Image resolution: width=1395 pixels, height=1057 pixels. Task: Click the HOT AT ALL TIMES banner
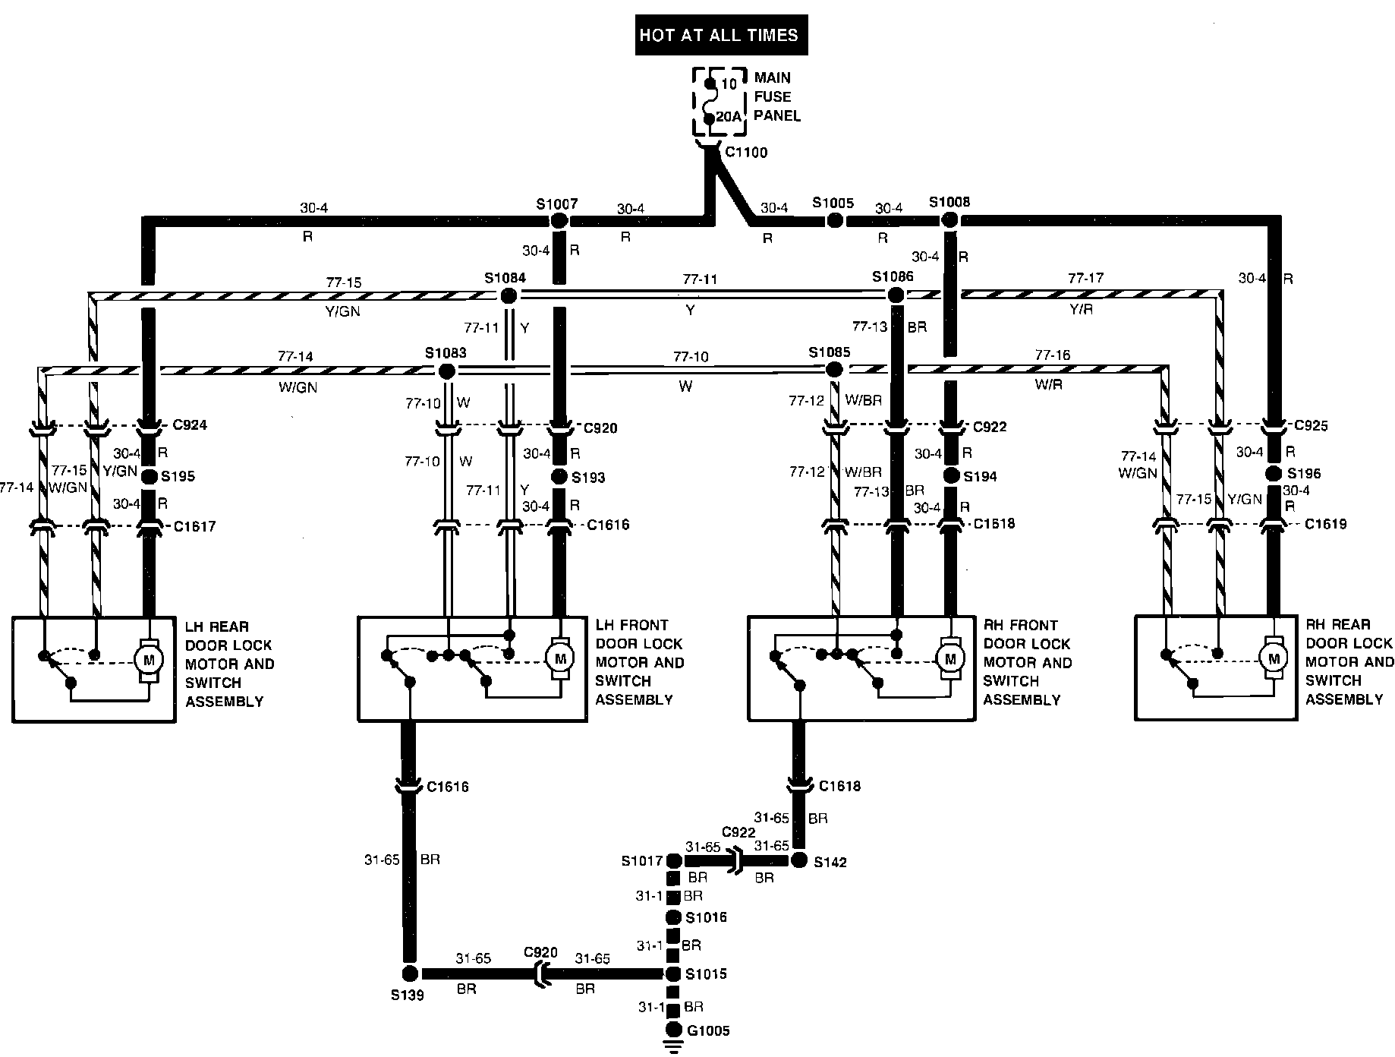[x=720, y=35]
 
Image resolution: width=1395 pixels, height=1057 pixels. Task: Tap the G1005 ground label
[x=708, y=1030]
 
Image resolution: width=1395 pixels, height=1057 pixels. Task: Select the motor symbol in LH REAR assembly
[x=149, y=659]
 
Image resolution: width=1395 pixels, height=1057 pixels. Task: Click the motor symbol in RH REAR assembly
[x=1274, y=658]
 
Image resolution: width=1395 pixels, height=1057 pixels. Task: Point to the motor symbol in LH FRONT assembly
[x=560, y=658]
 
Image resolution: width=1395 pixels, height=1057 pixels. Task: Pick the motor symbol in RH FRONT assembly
[x=949, y=658]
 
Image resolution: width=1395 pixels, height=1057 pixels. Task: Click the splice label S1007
[x=556, y=204]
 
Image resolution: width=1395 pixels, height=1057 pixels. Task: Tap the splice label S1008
[x=949, y=202]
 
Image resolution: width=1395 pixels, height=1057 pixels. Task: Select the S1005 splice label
[x=833, y=203]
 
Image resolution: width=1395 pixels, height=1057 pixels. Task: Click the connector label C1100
[x=745, y=153]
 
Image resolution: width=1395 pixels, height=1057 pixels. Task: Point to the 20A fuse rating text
[x=729, y=117]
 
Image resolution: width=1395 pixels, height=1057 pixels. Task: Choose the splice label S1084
[x=505, y=278]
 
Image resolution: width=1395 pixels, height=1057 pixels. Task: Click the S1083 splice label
[x=446, y=353]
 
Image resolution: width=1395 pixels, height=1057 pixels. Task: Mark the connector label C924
[x=190, y=424]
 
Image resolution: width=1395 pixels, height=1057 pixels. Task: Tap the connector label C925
[x=1311, y=425]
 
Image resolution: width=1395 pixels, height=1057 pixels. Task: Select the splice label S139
[x=408, y=994]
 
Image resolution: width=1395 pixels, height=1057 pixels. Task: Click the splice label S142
[x=830, y=862]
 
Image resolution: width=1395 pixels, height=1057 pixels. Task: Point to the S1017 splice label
[x=641, y=861]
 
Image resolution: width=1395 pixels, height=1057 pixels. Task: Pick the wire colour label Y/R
[x=1081, y=310]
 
